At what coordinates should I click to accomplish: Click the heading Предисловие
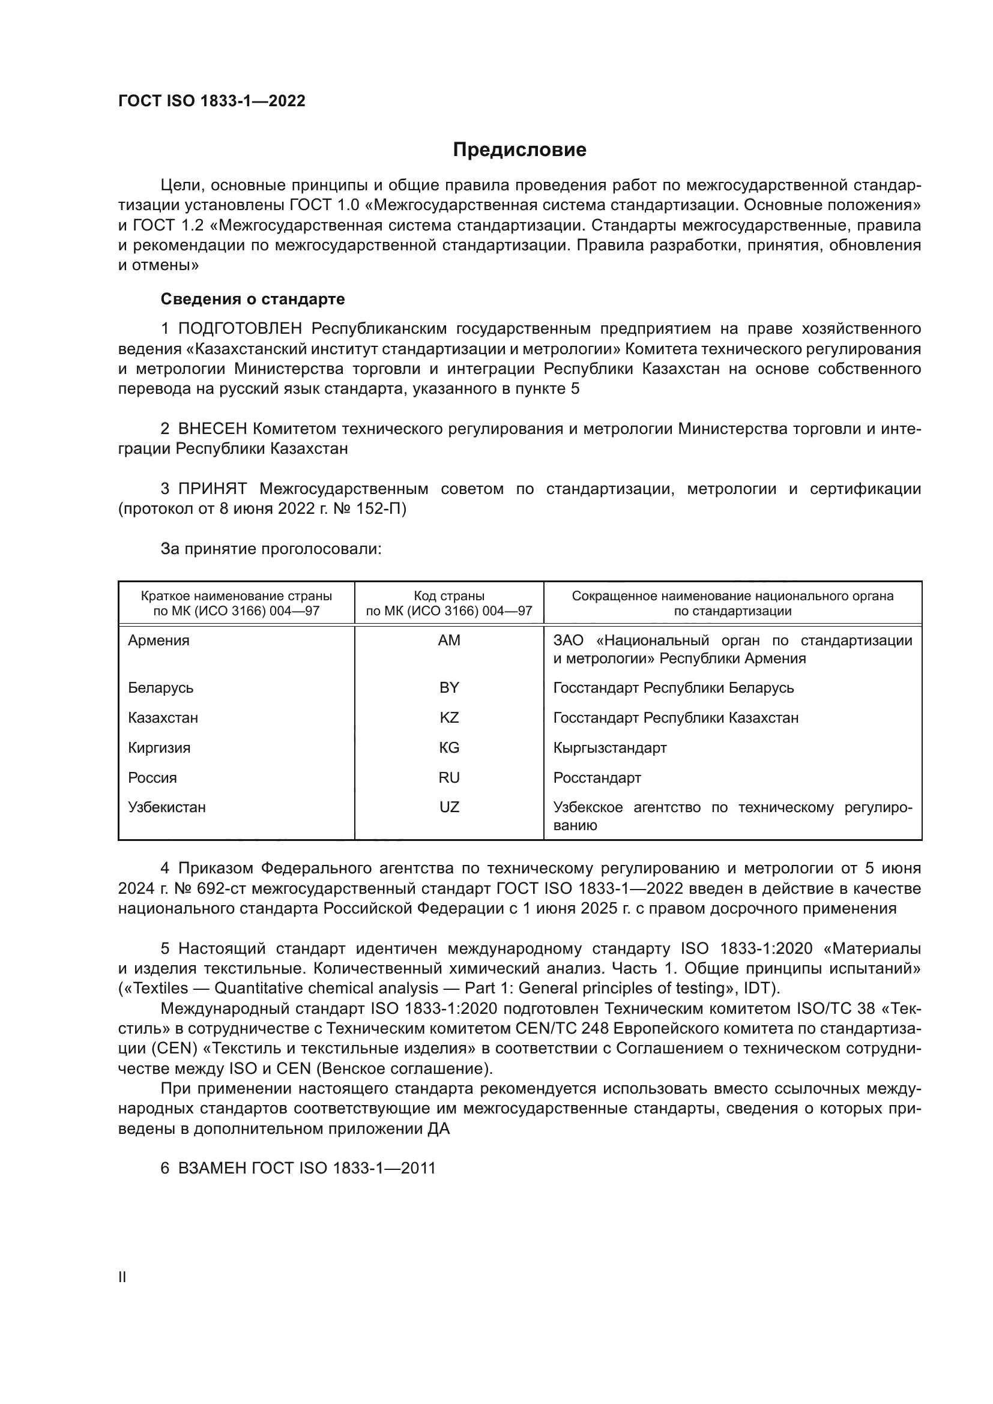click(519, 150)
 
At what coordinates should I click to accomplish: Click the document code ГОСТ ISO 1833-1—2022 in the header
click(211, 101)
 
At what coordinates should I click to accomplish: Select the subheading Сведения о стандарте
click(253, 299)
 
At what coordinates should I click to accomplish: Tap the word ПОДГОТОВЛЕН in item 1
click(240, 329)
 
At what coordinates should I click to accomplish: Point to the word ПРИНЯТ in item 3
click(212, 489)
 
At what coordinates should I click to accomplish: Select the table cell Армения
click(159, 640)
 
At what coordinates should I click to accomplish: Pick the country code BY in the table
click(449, 688)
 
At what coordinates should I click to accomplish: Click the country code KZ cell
click(449, 718)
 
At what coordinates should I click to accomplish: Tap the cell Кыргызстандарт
click(609, 748)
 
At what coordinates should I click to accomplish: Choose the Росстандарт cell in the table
click(597, 778)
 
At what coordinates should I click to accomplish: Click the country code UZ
click(449, 807)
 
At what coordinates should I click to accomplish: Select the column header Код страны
click(449, 596)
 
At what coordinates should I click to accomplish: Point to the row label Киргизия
click(159, 748)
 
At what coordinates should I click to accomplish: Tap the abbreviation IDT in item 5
click(758, 989)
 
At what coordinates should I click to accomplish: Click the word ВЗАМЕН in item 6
click(211, 1169)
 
